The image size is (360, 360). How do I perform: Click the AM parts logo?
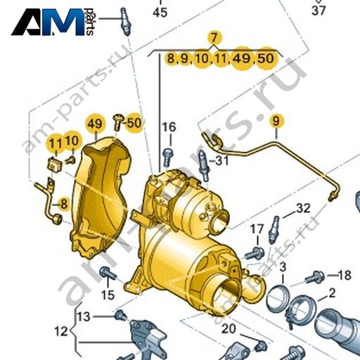pos(53,22)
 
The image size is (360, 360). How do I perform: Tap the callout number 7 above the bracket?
pos(214,38)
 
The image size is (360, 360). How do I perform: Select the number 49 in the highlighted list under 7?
pos(243,58)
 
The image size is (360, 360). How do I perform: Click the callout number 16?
pos(170,127)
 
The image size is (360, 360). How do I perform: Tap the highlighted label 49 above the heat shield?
pos(95,124)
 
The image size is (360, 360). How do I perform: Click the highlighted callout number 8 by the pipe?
pos(64,204)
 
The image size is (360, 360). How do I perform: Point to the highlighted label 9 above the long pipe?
pos(276,121)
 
